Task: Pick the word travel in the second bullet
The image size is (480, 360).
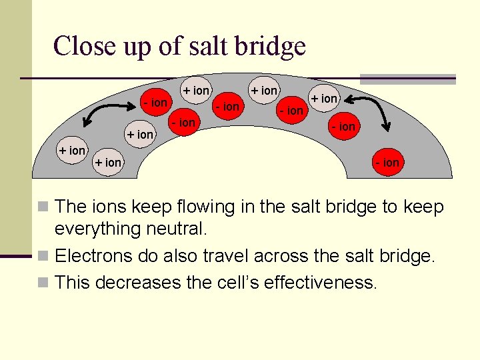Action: point(227,256)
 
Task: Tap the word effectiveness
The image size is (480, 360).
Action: point(321,283)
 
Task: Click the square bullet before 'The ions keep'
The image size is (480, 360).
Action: point(43,208)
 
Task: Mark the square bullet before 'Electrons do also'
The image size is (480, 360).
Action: point(43,257)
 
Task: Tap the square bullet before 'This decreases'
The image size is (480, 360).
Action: point(43,283)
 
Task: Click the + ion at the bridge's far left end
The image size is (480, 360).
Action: point(72,151)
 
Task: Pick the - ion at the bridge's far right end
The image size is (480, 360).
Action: point(387,162)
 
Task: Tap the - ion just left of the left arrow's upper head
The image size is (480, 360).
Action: point(154,103)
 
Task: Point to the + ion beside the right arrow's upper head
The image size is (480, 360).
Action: point(325,99)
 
